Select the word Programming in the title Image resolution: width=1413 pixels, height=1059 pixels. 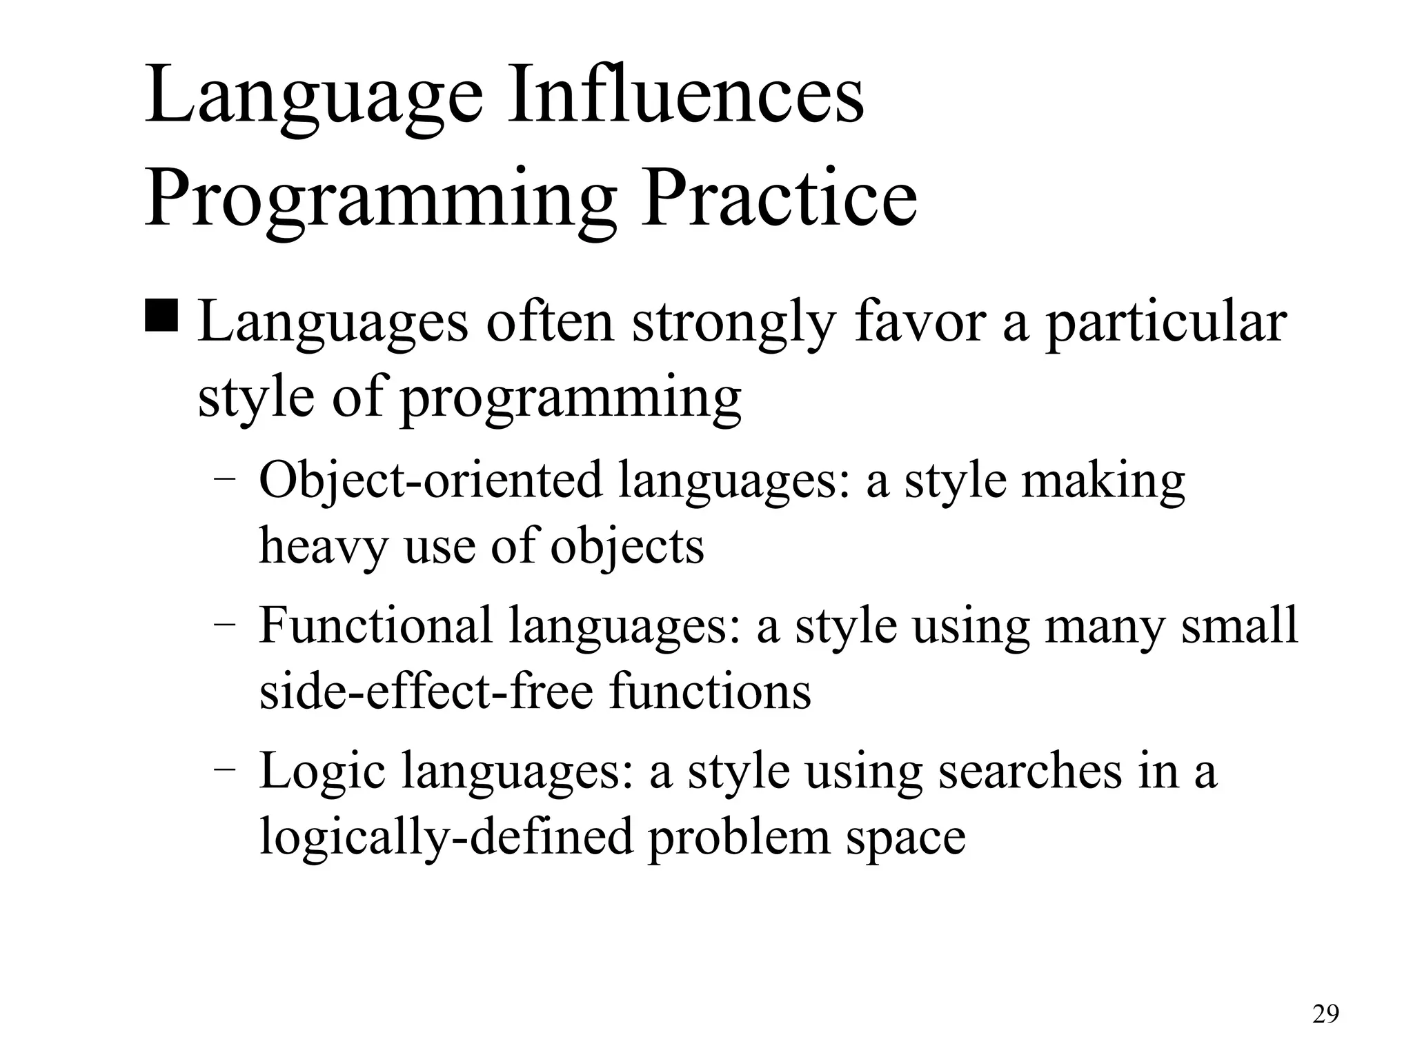coord(379,200)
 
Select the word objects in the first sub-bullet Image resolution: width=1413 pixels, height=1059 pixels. coord(627,547)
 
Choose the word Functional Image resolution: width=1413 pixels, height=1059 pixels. coord(376,625)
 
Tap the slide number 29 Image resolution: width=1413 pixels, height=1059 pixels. coord(1325,1014)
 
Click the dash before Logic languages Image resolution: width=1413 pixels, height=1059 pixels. coord(224,769)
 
